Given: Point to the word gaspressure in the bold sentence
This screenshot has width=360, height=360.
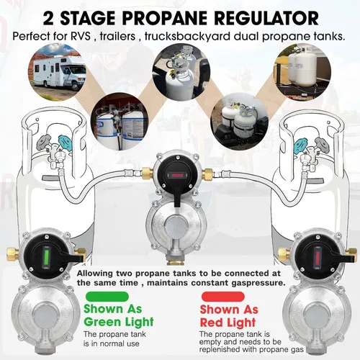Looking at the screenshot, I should tap(253, 284).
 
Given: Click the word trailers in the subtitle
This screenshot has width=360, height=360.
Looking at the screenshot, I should tap(144, 35).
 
